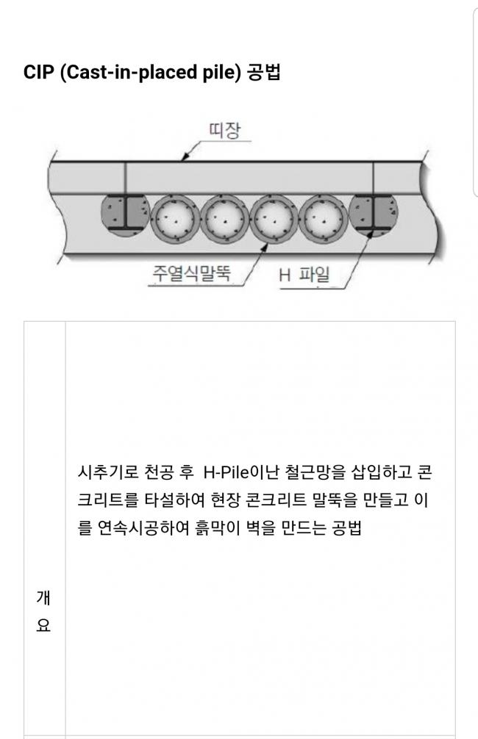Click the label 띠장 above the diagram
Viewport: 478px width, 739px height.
pyautogui.click(x=224, y=130)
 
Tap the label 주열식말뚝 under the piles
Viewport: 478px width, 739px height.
pyautogui.click(x=191, y=273)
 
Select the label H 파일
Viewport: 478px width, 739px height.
pyautogui.click(x=304, y=274)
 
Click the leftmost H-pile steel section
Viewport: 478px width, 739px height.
pyautogui.click(x=126, y=215)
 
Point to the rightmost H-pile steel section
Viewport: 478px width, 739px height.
pyautogui.click(x=374, y=213)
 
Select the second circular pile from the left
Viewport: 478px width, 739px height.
pyautogui.click(x=224, y=219)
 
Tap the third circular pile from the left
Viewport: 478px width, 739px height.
pyautogui.click(x=274, y=219)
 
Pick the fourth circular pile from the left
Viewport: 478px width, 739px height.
pyautogui.click(x=324, y=219)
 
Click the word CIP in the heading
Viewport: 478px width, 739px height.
pyautogui.click(x=39, y=72)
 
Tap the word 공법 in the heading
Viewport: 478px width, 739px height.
pyautogui.click(x=264, y=72)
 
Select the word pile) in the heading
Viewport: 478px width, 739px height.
pyautogui.click(x=222, y=73)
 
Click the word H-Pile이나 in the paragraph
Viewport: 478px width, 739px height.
pyautogui.click(x=242, y=472)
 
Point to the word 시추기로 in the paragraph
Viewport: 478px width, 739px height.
pyautogui.click(x=107, y=472)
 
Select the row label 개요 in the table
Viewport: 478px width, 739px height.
pyautogui.click(x=43, y=611)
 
